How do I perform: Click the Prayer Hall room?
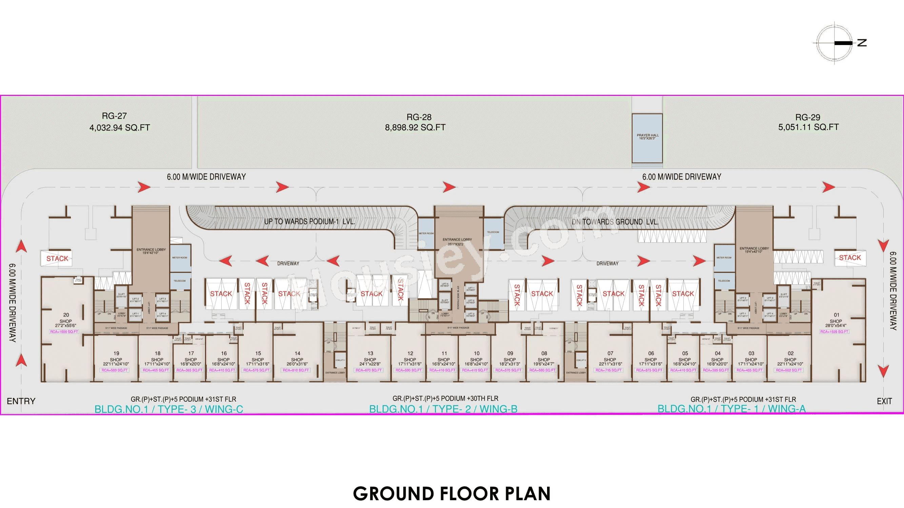pos(647,138)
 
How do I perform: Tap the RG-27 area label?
pos(119,122)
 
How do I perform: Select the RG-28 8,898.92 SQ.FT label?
pos(415,122)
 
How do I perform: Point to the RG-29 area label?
pos(808,122)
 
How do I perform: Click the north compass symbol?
pos(834,43)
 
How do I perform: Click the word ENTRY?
pos(21,401)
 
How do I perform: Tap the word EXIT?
pos(884,401)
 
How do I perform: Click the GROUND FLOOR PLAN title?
pos(451,493)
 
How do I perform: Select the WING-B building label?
pos(443,409)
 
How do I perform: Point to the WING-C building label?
pos(169,409)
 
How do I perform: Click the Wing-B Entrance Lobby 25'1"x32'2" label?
pos(457,241)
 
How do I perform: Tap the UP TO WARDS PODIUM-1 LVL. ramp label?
pos(309,221)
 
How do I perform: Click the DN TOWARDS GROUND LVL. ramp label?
pos(615,221)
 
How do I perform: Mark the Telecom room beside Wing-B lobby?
pos(493,232)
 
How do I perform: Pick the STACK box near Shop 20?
pos(57,258)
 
